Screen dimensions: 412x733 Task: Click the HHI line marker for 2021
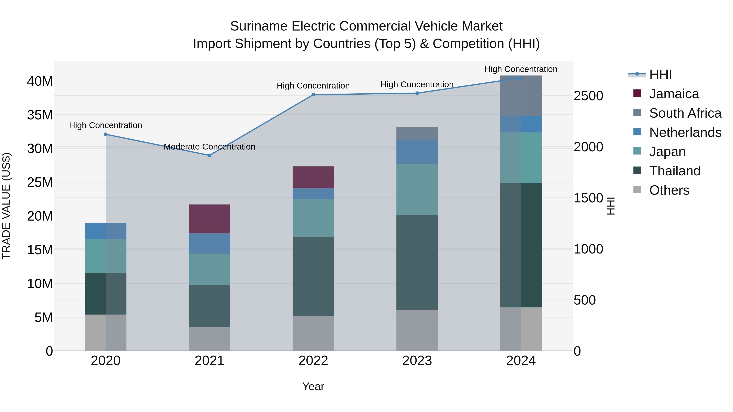210,155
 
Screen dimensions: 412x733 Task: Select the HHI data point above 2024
521,78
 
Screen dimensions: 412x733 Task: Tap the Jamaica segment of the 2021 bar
210,219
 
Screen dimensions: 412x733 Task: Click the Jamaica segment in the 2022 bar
313,177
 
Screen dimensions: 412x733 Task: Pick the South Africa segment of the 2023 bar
417,133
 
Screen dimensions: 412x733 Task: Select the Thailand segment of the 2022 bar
313,276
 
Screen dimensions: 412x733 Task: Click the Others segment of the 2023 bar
417,330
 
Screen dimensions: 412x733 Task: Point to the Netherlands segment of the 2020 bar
105,231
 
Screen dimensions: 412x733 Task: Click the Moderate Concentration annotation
210,147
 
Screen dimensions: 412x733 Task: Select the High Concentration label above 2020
105,125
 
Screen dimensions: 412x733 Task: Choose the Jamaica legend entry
674,94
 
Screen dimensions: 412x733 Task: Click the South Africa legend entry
685,113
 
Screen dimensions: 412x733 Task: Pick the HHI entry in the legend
660,74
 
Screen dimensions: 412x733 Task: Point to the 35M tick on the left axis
40,115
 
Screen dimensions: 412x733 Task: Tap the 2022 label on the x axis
313,361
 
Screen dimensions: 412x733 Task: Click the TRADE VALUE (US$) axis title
6,206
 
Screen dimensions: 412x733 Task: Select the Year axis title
313,386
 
